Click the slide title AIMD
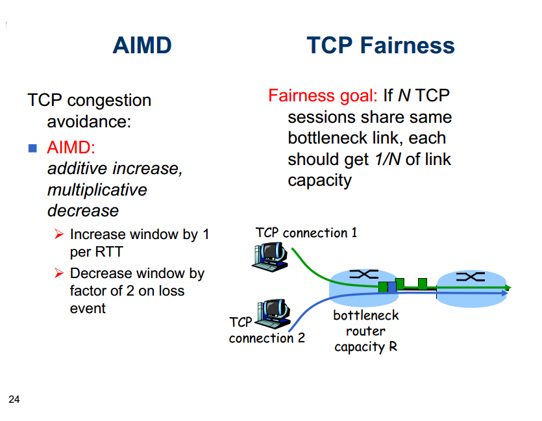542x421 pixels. pyautogui.click(x=142, y=45)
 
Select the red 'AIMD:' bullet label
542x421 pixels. pyautogui.click(x=71, y=147)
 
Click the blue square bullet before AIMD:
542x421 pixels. pyautogui.click(x=32, y=147)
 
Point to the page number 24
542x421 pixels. pyautogui.click(x=14, y=399)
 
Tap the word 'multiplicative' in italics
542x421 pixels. pyautogui.click(x=97, y=190)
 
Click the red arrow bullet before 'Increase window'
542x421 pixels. pyautogui.click(x=58, y=234)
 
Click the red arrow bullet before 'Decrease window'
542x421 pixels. pyautogui.click(x=58, y=274)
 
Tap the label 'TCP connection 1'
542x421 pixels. pyautogui.click(x=306, y=233)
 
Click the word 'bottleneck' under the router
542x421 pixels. pyautogui.click(x=366, y=316)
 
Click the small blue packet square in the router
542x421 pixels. pyautogui.click(x=391, y=287)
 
